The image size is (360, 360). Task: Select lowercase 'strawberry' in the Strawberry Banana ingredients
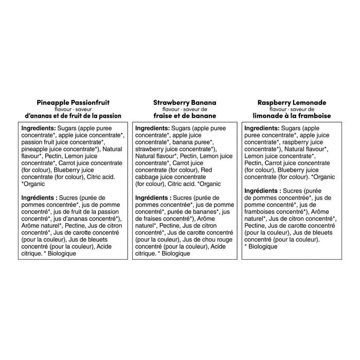coord(151,149)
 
